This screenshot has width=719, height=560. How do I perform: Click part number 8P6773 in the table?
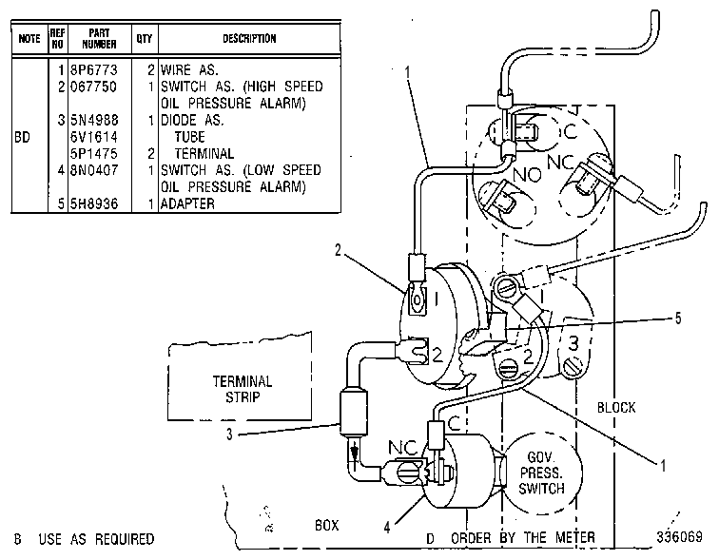94,70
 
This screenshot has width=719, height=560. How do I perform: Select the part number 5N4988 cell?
94,120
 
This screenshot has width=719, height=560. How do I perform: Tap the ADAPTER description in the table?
187,203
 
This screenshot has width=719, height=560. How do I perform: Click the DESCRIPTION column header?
249,38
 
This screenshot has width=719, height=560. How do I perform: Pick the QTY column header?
145,38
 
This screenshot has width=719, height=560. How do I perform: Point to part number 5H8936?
94,203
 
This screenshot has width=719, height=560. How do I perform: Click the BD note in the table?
22,137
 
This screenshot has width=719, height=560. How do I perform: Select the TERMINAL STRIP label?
243,389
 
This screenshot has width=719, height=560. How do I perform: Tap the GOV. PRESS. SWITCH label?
541,473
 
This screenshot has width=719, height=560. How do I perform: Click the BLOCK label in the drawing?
616,407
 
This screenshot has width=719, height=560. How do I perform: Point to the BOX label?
327,525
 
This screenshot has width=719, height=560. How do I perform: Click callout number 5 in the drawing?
678,319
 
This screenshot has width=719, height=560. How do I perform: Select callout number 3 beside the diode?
229,434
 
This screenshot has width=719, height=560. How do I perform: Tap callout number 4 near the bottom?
387,528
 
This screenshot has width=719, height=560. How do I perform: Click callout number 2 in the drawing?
338,250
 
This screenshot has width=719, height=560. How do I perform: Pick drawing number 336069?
679,536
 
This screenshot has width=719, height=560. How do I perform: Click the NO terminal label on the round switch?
527,175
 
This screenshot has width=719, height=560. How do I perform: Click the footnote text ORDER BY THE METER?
523,537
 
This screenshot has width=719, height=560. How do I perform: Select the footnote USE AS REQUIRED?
96,539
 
